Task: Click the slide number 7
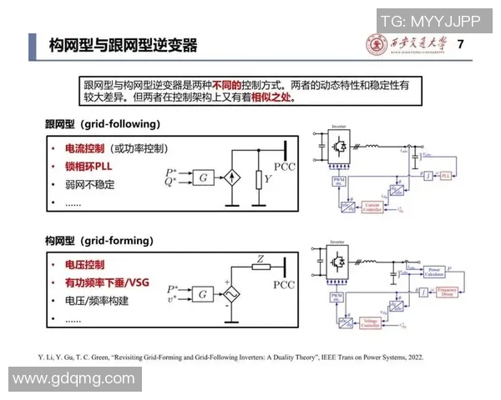tap(462, 43)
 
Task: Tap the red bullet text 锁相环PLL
tap(86, 166)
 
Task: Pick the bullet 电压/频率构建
tap(94, 301)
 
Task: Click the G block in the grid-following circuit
tap(203, 178)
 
